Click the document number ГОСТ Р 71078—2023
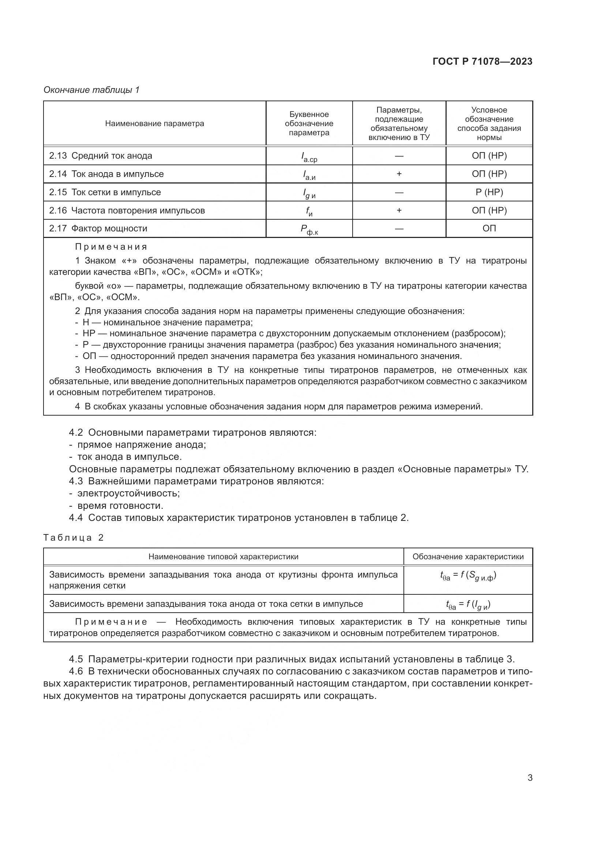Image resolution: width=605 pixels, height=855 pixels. [x=482, y=61]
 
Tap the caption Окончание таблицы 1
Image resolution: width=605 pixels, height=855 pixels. [x=91, y=90]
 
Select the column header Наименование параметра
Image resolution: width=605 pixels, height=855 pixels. [x=154, y=124]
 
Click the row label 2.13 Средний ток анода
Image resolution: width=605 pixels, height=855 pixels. [x=101, y=156]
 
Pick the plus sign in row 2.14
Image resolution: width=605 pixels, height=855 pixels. [x=399, y=174]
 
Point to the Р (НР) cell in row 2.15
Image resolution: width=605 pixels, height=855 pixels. [x=489, y=192]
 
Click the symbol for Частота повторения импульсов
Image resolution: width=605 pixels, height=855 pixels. [x=309, y=211]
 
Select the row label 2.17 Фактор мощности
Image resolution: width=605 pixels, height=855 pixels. [x=98, y=228]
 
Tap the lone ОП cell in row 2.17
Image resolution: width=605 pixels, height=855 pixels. [x=489, y=228]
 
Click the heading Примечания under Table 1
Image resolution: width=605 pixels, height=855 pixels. [x=111, y=247]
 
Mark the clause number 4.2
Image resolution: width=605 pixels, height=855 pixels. [x=76, y=433]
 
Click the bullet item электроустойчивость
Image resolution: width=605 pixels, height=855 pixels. [x=128, y=493]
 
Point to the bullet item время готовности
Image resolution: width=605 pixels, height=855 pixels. [x=120, y=506]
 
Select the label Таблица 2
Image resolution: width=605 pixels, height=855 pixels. [x=74, y=538]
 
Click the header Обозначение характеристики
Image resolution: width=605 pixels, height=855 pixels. [x=468, y=557]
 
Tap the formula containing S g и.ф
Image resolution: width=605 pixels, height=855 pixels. [x=468, y=576]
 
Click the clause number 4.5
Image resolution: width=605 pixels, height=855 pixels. [x=76, y=659]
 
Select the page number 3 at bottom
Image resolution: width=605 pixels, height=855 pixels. [x=530, y=778]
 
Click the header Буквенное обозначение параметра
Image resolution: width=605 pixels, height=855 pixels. [x=309, y=124]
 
